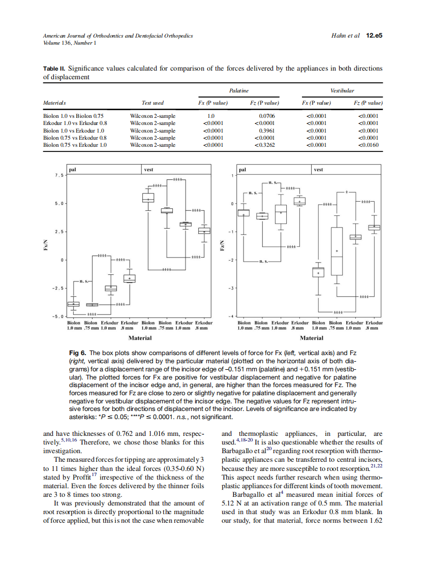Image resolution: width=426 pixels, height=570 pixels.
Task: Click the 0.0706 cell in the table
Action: point(266,116)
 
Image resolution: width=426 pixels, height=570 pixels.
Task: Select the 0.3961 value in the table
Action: point(266,131)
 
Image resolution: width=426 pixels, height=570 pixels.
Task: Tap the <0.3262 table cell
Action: point(265,145)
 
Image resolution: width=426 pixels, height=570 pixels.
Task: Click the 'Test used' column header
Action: point(153,103)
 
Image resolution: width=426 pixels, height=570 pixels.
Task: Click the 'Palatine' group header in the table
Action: point(239,90)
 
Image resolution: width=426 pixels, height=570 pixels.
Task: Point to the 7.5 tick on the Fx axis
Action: point(58,175)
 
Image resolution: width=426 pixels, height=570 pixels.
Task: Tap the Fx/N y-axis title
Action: point(46,245)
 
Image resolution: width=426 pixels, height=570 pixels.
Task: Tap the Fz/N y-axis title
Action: point(221,245)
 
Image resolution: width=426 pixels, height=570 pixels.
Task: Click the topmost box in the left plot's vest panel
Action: point(148,198)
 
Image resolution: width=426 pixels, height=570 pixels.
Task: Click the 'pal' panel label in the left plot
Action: point(73,169)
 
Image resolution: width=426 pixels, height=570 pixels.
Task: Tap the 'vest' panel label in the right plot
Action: point(319,169)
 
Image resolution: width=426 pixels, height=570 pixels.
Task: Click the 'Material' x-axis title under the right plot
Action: point(311,338)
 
